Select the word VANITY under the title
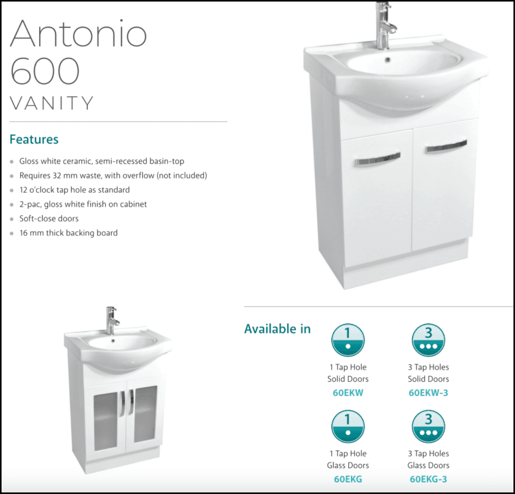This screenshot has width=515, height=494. [x=52, y=103]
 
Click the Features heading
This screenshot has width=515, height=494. [x=34, y=139]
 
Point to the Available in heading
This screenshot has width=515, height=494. [x=277, y=329]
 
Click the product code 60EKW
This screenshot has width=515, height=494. [x=348, y=393]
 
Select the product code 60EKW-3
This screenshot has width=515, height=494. [x=428, y=393]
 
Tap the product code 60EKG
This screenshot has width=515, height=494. [x=348, y=479]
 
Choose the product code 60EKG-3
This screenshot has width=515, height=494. [x=428, y=479]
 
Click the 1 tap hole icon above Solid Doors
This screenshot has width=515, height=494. [x=348, y=340]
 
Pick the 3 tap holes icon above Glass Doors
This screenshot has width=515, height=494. [x=428, y=427]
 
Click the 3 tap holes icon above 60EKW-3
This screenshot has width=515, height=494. [x=428, y=340]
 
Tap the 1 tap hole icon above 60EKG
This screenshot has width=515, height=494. [x=348, y=427]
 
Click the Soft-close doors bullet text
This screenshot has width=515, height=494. [x=49, y=218]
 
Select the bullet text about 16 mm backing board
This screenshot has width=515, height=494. [x=68, y=233]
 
